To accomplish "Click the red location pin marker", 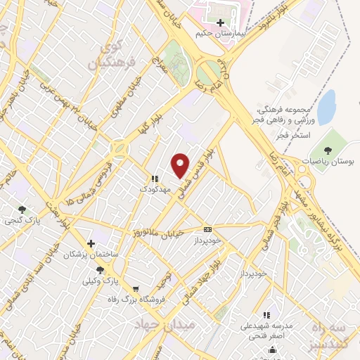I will (x=181, y=165).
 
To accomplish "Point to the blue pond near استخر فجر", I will (x=326, y=106).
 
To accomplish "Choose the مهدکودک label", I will (x=154, y=189).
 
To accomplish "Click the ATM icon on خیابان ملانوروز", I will (x=207, y=229).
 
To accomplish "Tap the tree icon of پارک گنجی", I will (x=22, y=209).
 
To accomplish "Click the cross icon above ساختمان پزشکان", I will (x=91, y=243).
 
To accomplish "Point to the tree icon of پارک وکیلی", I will (x=100, y=270).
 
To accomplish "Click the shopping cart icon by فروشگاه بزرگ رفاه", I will (x=136, y=288).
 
